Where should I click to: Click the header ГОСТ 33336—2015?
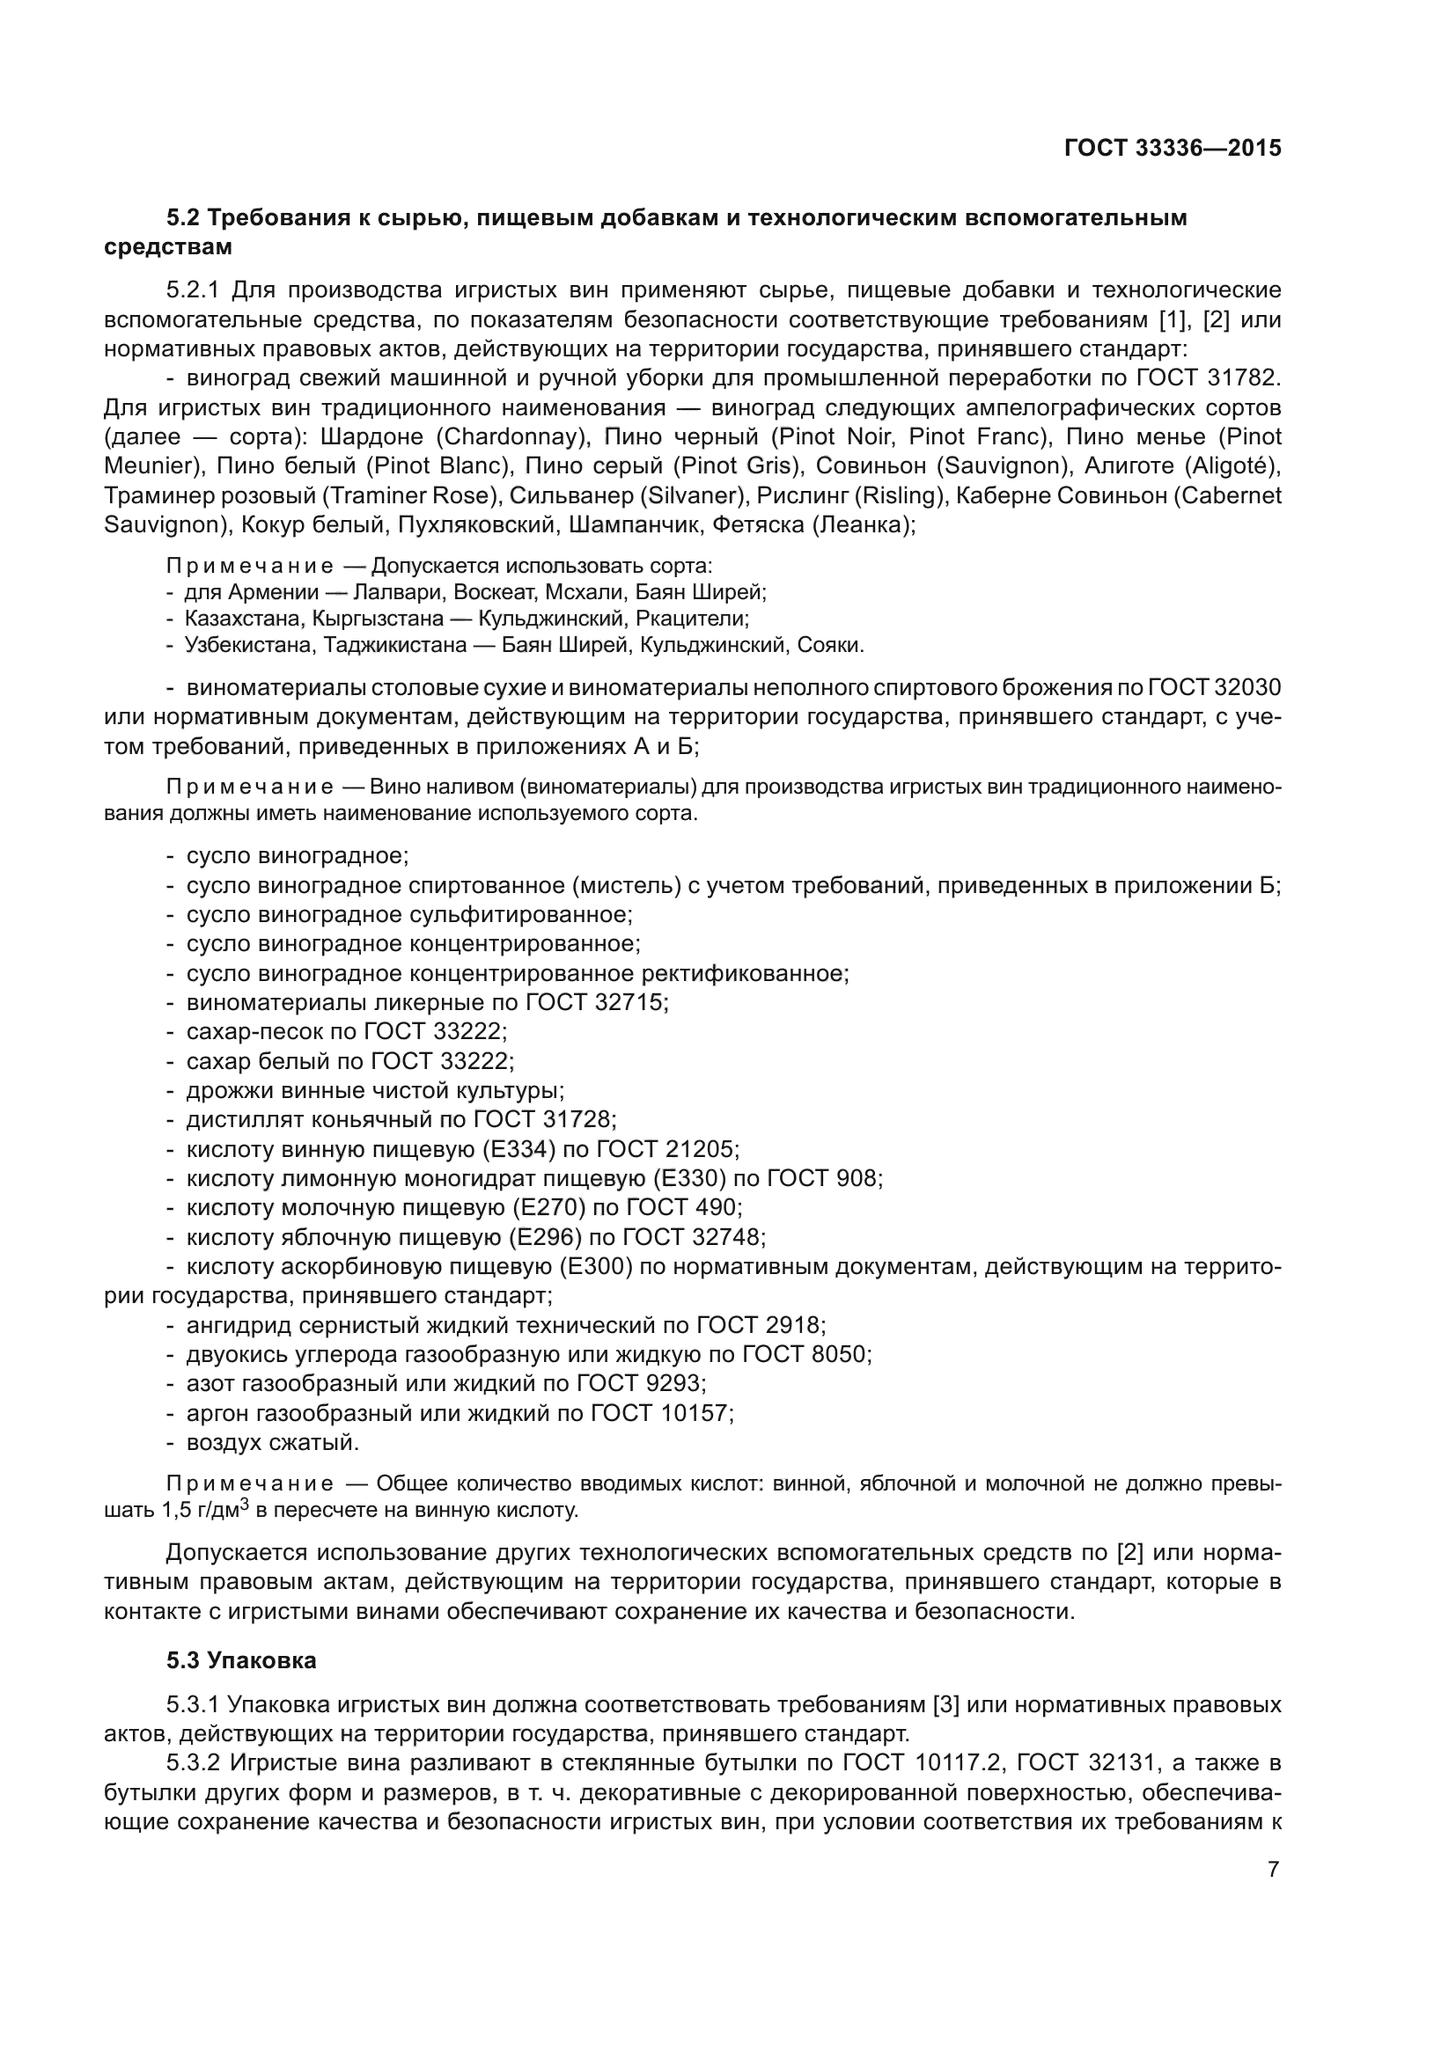tap(1172, 148)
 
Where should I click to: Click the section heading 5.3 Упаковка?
tap(241, 1660)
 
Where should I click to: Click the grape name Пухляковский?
tap(480, 524)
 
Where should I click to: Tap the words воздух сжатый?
tap(273, 1443)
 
